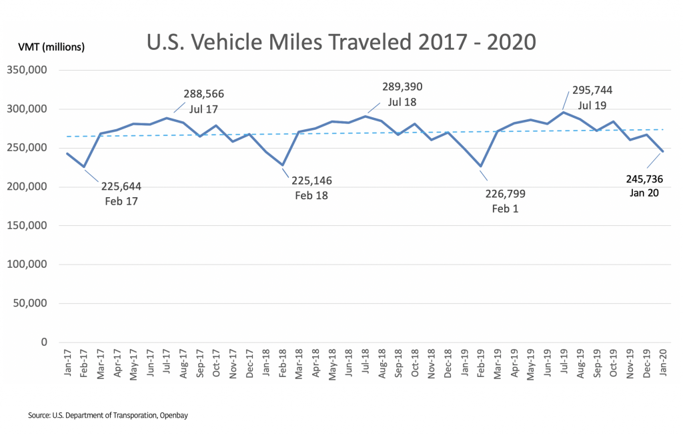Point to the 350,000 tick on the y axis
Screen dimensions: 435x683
click(x=28, y=70)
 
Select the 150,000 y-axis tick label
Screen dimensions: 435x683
click(x=28, y=225)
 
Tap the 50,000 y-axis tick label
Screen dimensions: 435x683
click(x=31, y=303)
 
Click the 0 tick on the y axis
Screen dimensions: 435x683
click(x=44, y=342)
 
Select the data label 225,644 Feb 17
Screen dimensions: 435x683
click(x=121, y=194)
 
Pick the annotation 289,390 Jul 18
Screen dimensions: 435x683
click(x=402, y=94)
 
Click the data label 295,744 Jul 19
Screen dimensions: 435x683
click(x=592, y=97)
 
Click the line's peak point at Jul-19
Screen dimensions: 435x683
click(x=563, y=112)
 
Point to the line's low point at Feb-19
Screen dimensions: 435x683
click(x=480, y=166)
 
